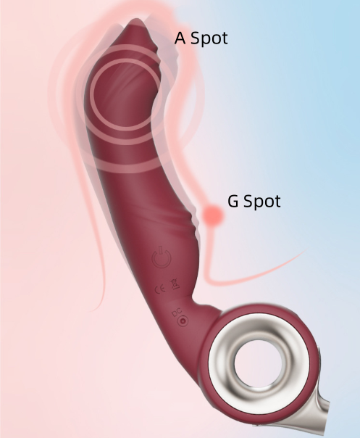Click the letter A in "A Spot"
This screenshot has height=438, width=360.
point(180,38)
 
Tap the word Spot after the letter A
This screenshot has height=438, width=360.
point(209,38)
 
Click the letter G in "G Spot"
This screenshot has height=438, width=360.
point(233,201)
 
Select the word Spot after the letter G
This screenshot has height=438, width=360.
point(262,202)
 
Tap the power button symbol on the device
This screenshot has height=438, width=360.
point(161,257)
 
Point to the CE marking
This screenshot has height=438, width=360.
point(160,289)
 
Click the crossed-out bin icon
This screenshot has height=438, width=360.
point(175,284)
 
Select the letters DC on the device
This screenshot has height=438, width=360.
point(177,313)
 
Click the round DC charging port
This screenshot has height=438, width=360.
point(183,321)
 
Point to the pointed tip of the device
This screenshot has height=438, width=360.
point(135,21)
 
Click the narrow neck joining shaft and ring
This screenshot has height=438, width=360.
point(205,306)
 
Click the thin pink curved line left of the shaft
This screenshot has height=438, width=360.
point(92,223)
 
